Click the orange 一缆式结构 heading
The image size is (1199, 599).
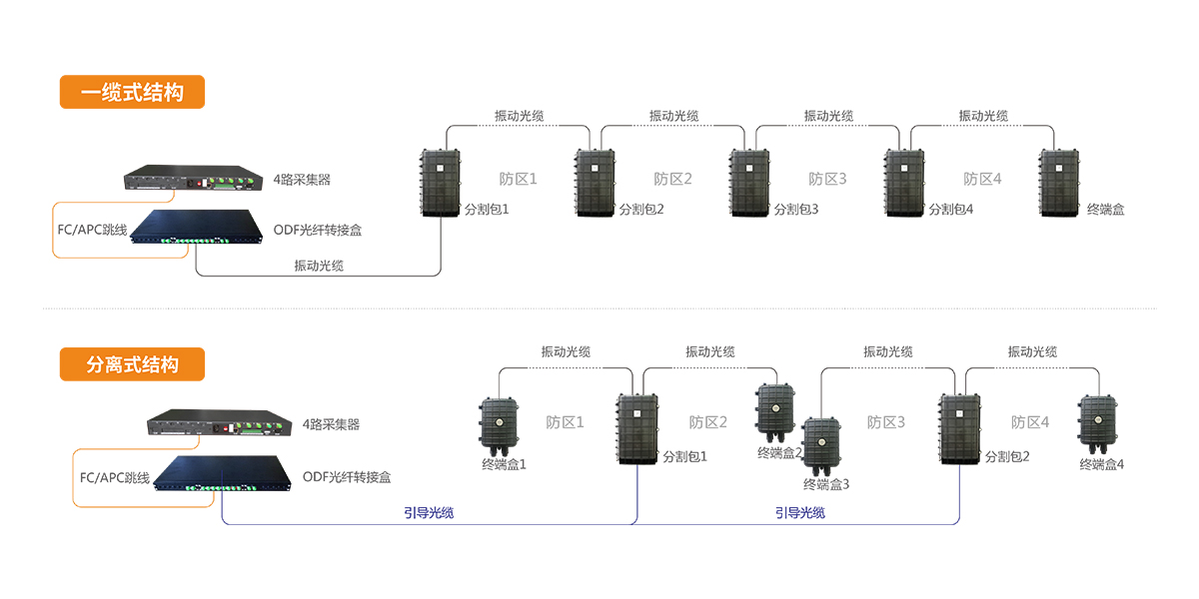tap(132, 93)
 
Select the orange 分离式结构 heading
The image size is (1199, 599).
tap(132, 364)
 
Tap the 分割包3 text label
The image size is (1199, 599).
tap(795, 210)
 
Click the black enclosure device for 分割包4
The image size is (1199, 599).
tap(907, 183)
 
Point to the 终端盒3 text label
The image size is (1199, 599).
tap(826, 485)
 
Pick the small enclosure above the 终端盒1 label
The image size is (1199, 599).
tap(502, 425)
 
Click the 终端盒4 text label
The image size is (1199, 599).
tap(1102, 465)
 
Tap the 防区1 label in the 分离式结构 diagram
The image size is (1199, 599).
tap(565, 422)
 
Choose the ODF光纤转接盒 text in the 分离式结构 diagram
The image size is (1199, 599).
tap(347, 478)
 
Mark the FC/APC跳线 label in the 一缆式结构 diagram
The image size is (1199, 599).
tap(93, 231)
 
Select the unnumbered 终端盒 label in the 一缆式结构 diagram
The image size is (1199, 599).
tap(1105, 210)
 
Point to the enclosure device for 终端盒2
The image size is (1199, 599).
tap(774, 411)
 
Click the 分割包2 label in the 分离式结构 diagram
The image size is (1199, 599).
tap(1007, 457)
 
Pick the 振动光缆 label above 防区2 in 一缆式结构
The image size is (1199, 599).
tap(673, 117)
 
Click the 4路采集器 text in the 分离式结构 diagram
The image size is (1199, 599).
tap(331, 424)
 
